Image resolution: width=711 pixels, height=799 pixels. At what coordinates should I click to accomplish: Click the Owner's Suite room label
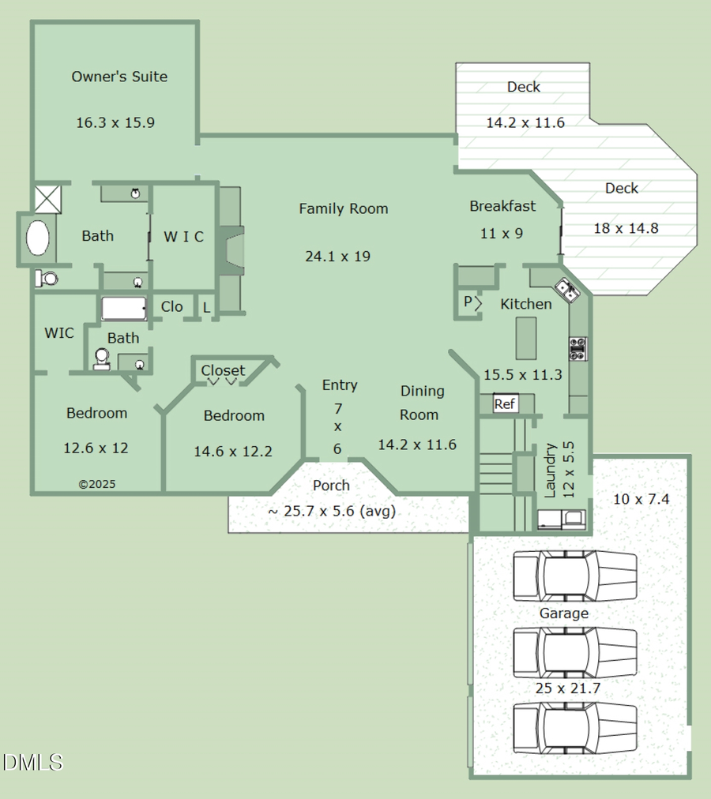[119, 77]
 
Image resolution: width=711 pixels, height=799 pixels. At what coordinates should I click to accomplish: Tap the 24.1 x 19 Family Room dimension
[337, 257]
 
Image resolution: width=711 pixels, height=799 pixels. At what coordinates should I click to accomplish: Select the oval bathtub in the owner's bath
[38, 238]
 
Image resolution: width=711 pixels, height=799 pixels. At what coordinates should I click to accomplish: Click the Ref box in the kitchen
[504, 404]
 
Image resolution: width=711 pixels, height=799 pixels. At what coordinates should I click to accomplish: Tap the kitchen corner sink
[568, 290]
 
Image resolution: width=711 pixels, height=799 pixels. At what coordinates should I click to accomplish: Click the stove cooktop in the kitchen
[577, 349]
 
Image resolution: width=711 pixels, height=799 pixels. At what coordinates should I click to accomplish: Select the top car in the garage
[574, 576]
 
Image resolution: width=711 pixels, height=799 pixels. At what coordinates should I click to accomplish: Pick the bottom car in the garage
[574, 727]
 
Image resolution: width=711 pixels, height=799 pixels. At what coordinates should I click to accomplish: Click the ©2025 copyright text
[96, 484]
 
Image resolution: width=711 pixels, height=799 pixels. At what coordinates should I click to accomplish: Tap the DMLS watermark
[32, 762]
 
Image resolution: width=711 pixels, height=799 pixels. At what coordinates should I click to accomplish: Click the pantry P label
[468, 302]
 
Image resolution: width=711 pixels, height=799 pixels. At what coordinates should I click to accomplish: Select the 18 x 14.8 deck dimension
[626, 229]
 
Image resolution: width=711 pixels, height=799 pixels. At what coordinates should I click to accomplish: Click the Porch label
[331, 486]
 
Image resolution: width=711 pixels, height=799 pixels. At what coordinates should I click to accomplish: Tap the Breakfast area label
[502, 206]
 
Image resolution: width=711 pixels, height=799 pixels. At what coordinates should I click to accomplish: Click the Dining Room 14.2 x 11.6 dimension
[417, 445]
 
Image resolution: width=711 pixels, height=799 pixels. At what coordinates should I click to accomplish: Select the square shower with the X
[47, 198]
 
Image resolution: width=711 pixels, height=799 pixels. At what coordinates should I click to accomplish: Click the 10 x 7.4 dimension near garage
[641, 499]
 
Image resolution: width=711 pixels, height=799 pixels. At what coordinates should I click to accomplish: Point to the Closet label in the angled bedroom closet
[223, 370]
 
